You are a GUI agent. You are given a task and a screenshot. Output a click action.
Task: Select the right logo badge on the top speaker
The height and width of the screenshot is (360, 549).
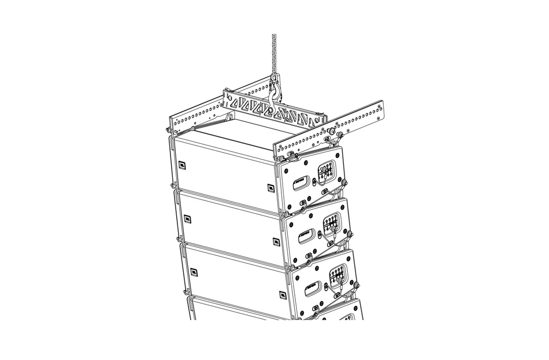270,187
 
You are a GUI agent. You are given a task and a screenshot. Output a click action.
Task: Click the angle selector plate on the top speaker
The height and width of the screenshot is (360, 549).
327,171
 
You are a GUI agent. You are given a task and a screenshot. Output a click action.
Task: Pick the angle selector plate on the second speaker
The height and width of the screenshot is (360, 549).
333,222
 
